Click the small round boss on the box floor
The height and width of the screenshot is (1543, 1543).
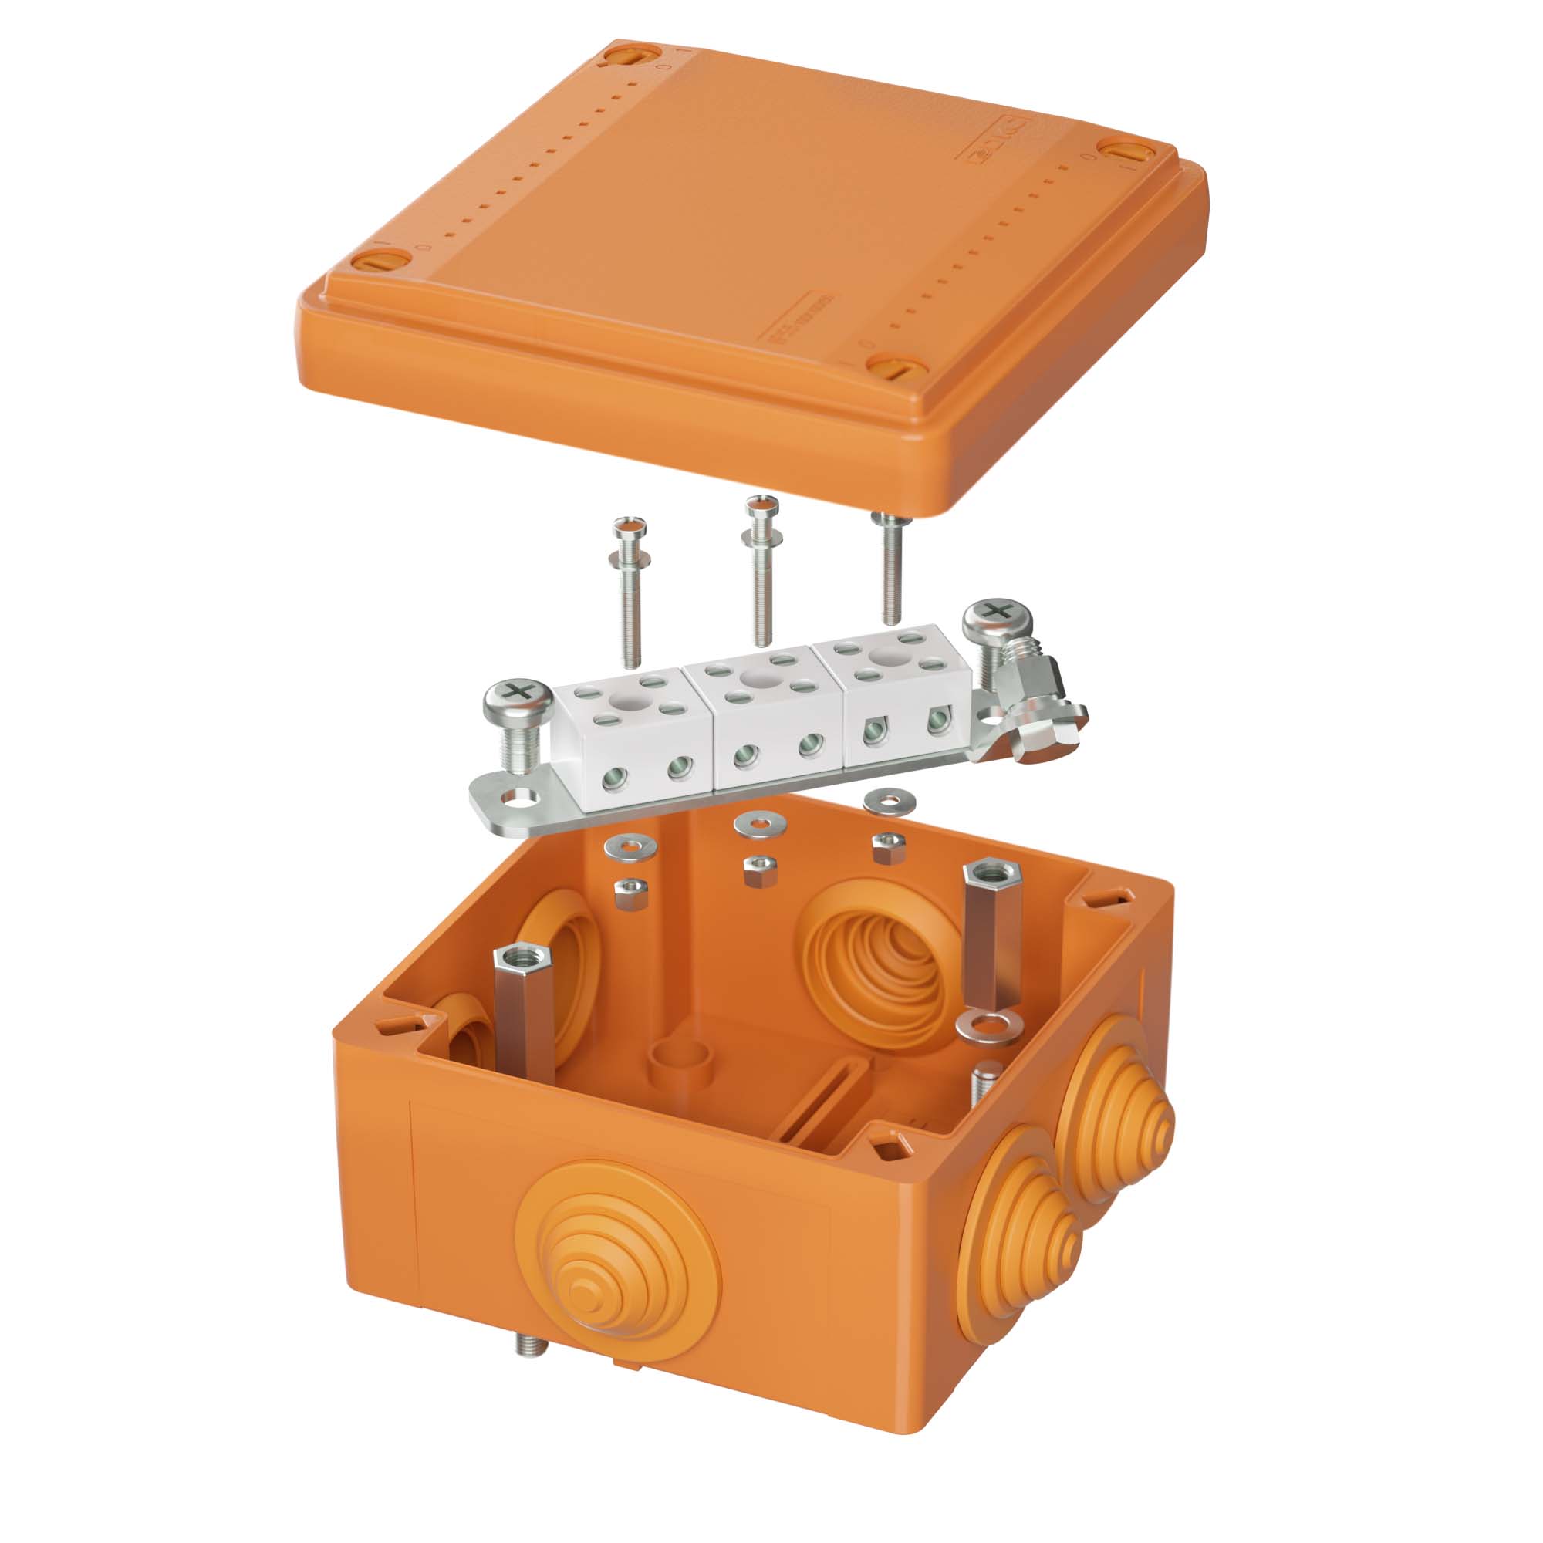[680, 1062]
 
